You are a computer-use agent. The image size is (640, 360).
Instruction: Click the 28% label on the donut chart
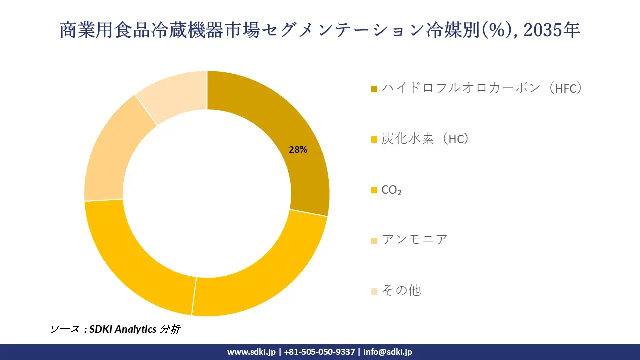tap(298, 149)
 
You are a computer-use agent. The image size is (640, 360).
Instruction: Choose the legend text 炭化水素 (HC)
tap(425, 139)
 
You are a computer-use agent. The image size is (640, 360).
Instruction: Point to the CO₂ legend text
tap(391, 190)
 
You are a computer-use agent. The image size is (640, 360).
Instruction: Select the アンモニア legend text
tap(415, 240)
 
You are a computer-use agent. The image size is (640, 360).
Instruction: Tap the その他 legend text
tap(401, 290)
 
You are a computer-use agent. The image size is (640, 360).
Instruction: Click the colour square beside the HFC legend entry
tap(374, 89)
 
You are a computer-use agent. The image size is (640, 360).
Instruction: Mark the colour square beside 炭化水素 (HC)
tap(374, 140)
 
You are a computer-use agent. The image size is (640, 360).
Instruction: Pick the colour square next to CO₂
tap(374, 190)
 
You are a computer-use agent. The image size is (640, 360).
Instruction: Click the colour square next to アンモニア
tap(374, 241)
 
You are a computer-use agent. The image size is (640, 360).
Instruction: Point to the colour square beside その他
tap(374, 291)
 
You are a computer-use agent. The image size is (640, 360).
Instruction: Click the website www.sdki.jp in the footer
tap(251, 352)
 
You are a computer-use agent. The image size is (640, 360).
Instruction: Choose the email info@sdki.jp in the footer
tap(388, 352)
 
